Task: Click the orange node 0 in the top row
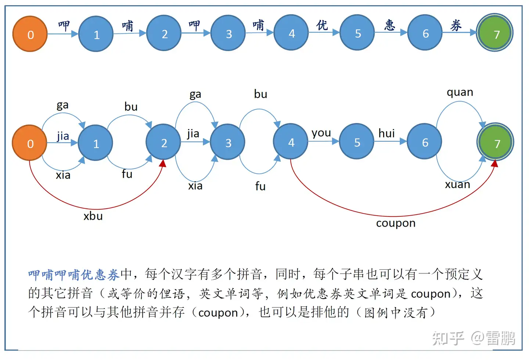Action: tap(30, 34)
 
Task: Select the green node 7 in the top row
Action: tap(494, 33)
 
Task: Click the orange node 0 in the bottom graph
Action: tap(30, 143)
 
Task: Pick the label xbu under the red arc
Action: tap(93, 216)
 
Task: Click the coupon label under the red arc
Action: tap(396, 223)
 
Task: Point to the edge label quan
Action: tap(460, 92)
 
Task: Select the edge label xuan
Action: tap(457, 184)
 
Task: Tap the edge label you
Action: tap(321, 133)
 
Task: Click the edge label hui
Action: tap(386, 133)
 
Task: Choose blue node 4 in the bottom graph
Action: tap(291, 142)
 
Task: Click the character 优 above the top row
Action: tap(322, 25)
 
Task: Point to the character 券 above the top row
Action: tap(456, 25)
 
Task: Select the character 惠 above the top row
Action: tap(389, 25)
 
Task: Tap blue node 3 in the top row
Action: tap(228, 33)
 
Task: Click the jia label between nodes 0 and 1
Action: tap(63, 136)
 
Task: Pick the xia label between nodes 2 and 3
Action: tap(195, 186)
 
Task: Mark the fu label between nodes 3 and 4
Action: tap(260, 186)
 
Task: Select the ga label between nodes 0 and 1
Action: tap(62, 105)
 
